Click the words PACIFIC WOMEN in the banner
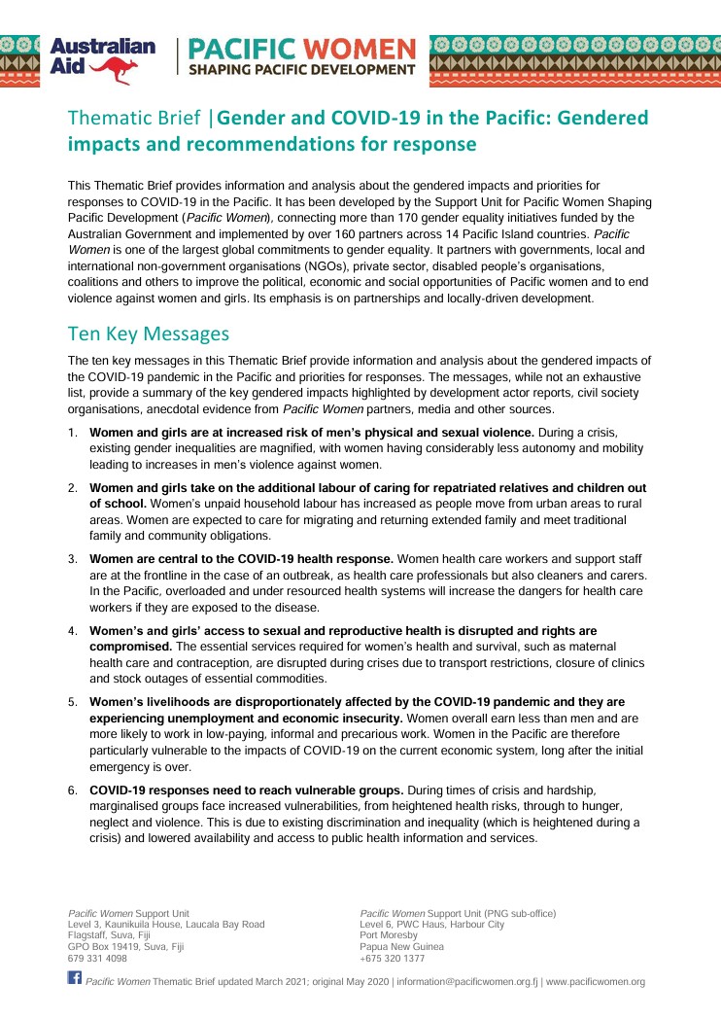click(x=301, y=48)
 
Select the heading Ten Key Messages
click(x=148, y=334)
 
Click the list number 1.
click(x=73, y=432)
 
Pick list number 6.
click(x=73, y=791)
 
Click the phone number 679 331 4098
click(x=97, y=958)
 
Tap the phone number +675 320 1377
click(x=392, y=958)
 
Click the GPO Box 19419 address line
click(x=125, y=946)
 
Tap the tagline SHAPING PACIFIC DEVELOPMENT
click(x=301, y=70)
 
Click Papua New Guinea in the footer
click(x=401, y=946)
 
